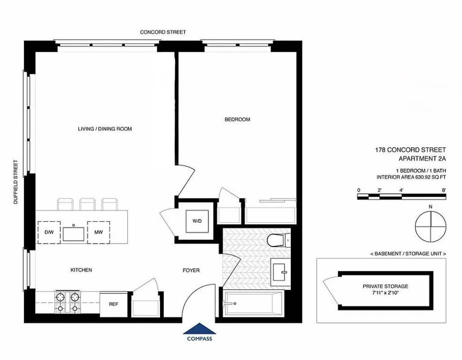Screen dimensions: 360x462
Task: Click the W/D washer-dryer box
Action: coord(197,221)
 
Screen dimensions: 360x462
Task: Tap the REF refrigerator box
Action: coord(113,304)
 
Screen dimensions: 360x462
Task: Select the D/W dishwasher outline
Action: coord(49,232)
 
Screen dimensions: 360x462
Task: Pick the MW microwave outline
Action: coord(98,232)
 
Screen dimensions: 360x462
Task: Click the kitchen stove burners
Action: coord(67,302)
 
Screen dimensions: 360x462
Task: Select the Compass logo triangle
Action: coord(199,329)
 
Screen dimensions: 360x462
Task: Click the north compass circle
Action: coord(430,227)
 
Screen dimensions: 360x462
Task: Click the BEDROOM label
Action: coord(237,120)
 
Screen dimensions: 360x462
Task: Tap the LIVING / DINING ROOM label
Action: coord(105,129)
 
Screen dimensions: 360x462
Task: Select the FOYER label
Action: coord(191,270)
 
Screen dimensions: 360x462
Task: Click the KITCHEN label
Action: coord(81,270)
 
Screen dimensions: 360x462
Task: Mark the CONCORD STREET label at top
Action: coord(163,32)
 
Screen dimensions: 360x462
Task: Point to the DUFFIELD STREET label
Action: coord(16,182)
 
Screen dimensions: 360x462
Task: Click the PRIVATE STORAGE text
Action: coord(385,286)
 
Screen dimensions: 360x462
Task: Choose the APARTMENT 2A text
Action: coord(422,158)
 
